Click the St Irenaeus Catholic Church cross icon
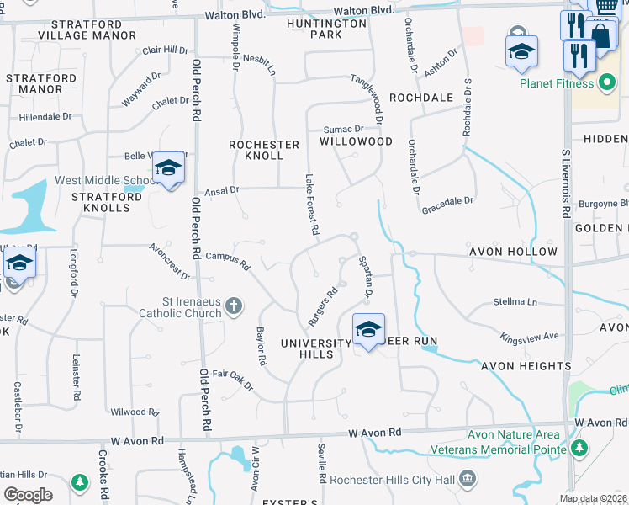click(x=235, y=307)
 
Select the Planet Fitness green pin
click(x=606, y=83)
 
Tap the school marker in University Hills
click(x=368, y=331)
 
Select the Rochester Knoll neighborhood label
click(x=264, y=150)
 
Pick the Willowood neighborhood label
click(x=356, y=141)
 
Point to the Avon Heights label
click(x=526, y=366)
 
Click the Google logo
click(x=28, y=494)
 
